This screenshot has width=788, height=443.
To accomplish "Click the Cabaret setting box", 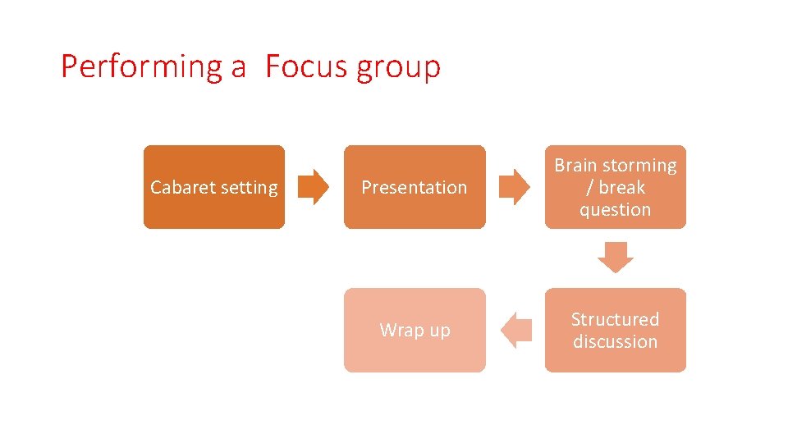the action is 214,187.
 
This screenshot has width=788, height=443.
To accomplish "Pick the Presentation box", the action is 415,187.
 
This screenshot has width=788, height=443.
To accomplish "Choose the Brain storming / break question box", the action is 615,187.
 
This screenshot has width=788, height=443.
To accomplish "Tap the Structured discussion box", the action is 615,330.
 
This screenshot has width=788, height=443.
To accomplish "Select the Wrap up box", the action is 415,330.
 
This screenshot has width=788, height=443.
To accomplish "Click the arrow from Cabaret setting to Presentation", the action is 313,187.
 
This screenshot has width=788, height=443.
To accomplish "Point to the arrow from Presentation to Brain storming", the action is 515,187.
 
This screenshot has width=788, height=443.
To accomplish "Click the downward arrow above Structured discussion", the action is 615,257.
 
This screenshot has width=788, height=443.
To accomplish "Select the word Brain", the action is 575,166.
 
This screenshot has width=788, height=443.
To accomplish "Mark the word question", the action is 615,210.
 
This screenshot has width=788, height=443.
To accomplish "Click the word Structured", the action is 615,319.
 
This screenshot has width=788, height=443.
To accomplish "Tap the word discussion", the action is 615,341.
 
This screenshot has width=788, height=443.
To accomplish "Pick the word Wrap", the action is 399,331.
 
